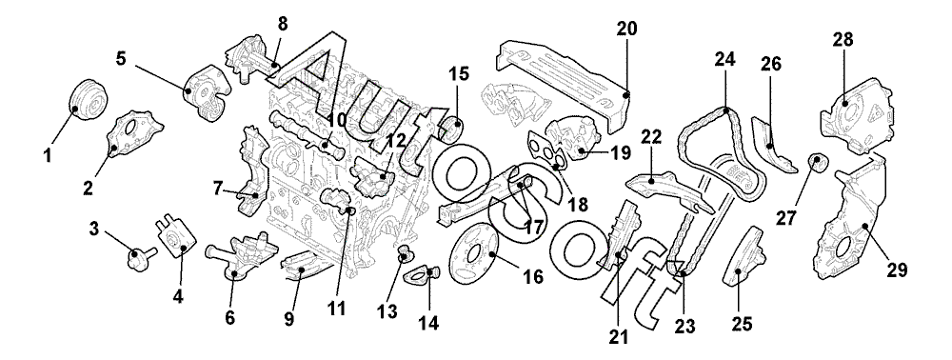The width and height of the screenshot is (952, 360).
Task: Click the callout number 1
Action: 48,155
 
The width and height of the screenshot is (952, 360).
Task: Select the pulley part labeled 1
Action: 88,101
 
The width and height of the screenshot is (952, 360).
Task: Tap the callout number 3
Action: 93,230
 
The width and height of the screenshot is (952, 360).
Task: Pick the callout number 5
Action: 122,60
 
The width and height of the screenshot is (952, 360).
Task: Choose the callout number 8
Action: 283,24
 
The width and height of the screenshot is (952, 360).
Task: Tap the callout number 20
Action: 627,29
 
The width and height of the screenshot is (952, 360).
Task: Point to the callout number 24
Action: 724,59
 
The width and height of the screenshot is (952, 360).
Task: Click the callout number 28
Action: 843,39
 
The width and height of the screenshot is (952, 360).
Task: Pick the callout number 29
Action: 897,270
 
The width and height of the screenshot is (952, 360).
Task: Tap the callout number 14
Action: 428,322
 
